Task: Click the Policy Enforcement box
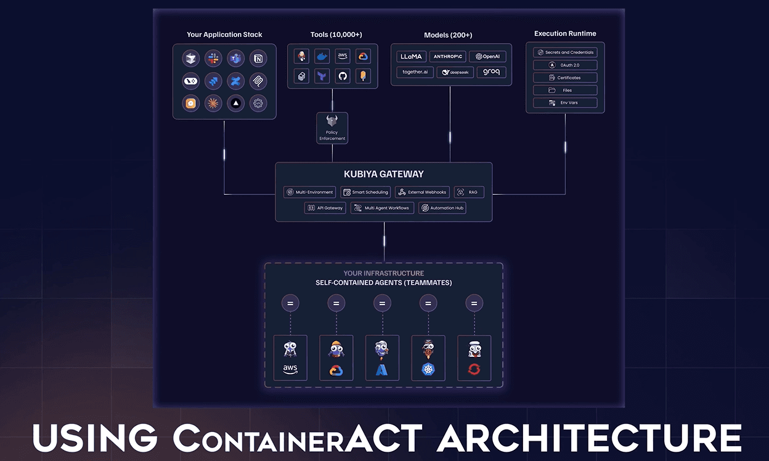(332, 128)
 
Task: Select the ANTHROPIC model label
(448, 56)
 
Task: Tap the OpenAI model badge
(487, 56)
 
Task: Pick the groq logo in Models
(491, 72)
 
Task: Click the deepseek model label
(455, 72)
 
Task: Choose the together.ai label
(415, 72)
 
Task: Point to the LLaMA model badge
(411, 56)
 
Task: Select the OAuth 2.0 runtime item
(565, 65)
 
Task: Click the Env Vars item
(565, 103)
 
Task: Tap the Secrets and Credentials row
(565, 52)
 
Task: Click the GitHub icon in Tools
(343, 76)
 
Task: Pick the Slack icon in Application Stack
(213, 59)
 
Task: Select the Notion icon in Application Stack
(258, 59)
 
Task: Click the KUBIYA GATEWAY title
(384, 174)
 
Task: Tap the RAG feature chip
(469, 192)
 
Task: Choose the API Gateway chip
(325, 208)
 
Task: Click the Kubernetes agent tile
(428, 358)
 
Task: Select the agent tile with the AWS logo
(290, 358)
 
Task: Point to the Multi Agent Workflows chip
(382, 208)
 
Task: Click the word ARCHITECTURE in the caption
(589, 438)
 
